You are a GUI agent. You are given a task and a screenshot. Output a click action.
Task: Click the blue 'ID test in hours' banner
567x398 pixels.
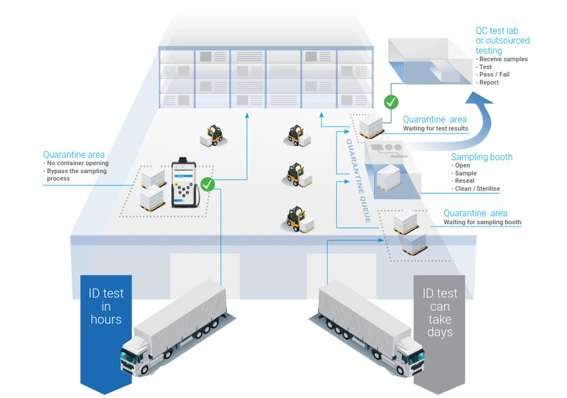click(106, 315)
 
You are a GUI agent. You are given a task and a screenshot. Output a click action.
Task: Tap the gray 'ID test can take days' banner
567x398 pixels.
click(439, 315)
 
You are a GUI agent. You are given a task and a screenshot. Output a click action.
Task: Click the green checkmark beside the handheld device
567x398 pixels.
click(208, 184)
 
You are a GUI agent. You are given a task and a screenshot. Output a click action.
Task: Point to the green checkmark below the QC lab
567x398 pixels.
click(390, 102)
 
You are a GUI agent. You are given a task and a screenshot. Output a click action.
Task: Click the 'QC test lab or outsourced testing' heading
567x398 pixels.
click(502, 41)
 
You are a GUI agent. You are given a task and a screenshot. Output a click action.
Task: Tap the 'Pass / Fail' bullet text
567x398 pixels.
click(496, 74)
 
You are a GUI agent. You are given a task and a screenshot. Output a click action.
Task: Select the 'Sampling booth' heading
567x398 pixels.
click(482, 157)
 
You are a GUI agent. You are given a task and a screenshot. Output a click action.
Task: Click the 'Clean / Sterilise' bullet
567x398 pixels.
click(478, 189)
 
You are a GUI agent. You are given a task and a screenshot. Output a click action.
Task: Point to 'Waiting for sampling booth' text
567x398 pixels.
click(482, 222)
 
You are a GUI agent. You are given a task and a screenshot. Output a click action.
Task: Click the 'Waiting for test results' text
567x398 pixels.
click(435, 128)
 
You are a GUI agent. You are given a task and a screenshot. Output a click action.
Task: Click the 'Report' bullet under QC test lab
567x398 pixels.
click(489, 83)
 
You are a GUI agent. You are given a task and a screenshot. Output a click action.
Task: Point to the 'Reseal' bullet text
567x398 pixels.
click(465, 181)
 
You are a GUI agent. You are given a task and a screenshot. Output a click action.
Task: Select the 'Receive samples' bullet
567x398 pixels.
click(503, 59)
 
